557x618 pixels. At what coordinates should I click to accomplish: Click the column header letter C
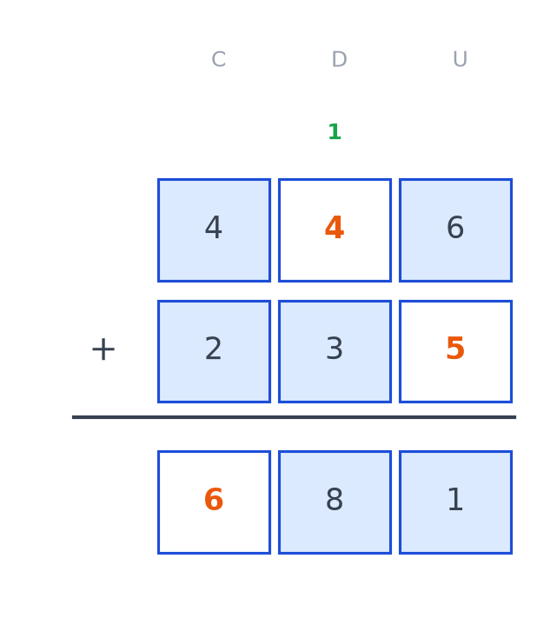[x=219, y=59]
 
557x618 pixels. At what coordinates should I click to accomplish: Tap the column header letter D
[x=339, y=59]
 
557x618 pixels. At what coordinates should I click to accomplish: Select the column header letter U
[x=460, y=59]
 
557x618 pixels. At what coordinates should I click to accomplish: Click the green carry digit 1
[x=335, y=131]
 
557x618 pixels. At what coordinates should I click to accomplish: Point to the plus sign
[x=103, y=349]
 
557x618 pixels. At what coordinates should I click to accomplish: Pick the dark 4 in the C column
[x=214, y=228]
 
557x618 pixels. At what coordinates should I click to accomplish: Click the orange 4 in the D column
[x=335, y=228]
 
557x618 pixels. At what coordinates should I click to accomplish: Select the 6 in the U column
[x=455, y=228]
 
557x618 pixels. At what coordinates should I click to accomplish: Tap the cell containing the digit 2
[x=214, y=351]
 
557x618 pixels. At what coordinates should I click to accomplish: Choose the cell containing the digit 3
[x=335, y=351]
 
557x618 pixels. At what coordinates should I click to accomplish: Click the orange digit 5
[x=455, y=349]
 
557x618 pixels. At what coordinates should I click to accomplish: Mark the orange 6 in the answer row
[x=214, y=500]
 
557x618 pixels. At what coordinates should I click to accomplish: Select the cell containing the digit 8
[x=335, y=502]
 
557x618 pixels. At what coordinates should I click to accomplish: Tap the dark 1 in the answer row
[x=455, y=500]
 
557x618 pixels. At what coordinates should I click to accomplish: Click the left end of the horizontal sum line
[x=72, y=417]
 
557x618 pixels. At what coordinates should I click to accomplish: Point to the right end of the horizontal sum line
[x=516, y=417]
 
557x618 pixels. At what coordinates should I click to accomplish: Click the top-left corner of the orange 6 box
[x=158, y=451]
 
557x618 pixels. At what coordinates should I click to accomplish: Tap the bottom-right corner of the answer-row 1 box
[x=512, y=554]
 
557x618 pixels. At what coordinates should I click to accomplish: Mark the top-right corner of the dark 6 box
[x=512, y=179]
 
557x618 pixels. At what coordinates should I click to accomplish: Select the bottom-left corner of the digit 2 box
[x=158, y=402]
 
